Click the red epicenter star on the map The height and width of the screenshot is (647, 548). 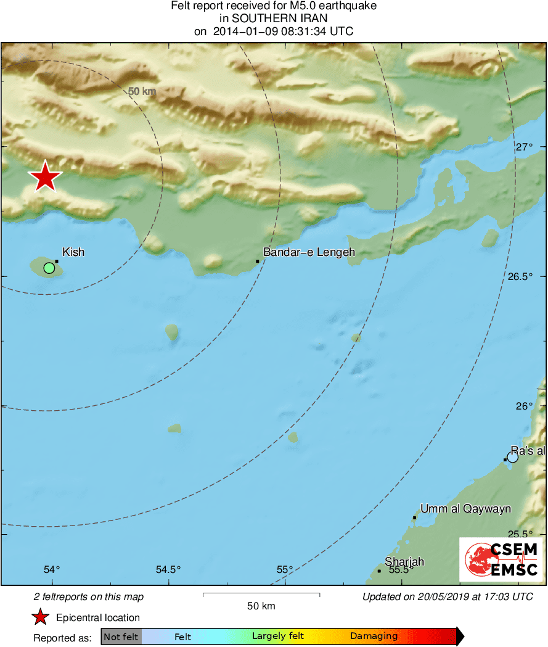45,177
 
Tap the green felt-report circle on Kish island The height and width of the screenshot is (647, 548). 49,268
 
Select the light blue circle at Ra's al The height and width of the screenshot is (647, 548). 512,457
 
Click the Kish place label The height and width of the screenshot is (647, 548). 73,252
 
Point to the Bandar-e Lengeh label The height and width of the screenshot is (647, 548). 309,252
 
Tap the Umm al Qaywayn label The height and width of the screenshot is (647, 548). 465,509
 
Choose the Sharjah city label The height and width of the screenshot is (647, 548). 404,562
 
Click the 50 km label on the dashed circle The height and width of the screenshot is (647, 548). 142,91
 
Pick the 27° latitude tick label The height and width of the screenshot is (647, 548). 525,147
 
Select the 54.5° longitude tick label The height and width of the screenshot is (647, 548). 168,569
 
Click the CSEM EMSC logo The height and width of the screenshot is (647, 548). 501,559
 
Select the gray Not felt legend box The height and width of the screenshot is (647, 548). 121,637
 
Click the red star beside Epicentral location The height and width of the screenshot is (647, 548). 41,617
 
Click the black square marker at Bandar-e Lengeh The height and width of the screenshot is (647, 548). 257,262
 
